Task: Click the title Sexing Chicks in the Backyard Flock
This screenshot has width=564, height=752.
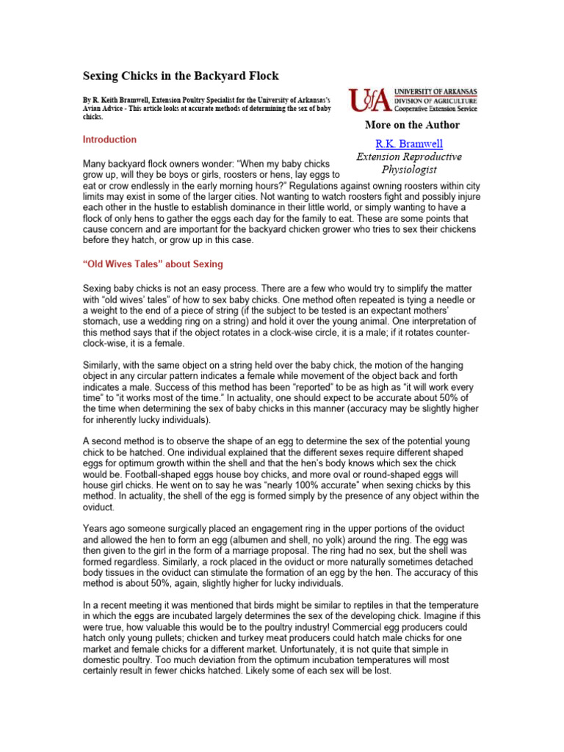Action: [x=180, y=76]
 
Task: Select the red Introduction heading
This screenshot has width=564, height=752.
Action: [x=109, y=140]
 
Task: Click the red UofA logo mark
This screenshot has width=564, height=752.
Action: [x=371, y=98]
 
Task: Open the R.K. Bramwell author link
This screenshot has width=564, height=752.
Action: [x=409, y=143]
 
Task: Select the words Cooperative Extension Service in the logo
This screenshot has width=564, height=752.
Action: [x=436, y=109]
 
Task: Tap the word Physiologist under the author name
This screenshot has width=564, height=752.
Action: [x=408, y=170]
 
